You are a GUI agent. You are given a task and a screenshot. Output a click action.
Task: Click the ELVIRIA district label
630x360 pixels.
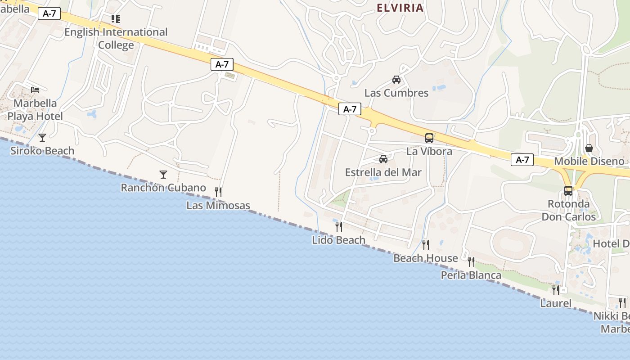pyautogui.click(x=400, y=8)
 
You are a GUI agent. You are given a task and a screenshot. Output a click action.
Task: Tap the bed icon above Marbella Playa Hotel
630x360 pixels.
pyautogui.click(x=35, y=90)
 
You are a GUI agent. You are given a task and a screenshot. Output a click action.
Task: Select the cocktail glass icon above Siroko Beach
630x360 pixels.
pyautogui.click(x=42, y=137)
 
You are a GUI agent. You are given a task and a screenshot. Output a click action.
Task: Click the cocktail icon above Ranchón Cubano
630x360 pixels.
pyautogui.click(x=163, y=174)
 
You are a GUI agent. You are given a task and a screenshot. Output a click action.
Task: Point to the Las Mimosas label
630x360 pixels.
pyautogui.click(x=218, y=206)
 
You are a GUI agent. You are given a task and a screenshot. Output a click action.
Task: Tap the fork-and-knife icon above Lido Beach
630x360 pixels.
pyautogui.click(x=338, y=226)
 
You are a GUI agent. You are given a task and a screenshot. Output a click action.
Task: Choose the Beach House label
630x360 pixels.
pyautogui.click(x=425, y=258)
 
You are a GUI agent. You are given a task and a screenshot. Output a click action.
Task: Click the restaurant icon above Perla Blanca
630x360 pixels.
pyautogui.click(x=471, y=261)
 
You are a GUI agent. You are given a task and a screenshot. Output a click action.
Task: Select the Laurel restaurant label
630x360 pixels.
pyautogui.click(x=556, y=303)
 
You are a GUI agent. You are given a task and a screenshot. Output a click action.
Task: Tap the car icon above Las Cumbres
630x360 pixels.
pyautogui.click(x=396, y=80)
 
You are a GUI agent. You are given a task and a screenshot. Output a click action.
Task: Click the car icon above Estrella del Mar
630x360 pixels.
pyautogui.click(x=383, y=159)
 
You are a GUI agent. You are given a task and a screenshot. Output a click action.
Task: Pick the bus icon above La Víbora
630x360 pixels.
pyautogui.click(x=429, y=138)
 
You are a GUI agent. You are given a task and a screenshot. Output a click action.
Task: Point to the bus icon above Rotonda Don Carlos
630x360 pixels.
pyautogui.click(x=568, y=190)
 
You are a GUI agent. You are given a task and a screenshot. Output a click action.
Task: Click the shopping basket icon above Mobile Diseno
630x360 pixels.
pyautogui.click(x=589, y=148)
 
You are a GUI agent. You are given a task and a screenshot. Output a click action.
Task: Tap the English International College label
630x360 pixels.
pyautogui.click(x=116, y=39)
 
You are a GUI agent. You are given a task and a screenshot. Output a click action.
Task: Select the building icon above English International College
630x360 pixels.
pyautogui.click(x=116, y=19)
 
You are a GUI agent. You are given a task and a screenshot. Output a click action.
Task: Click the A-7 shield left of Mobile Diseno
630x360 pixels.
pyautogui.click(x=522, y=160)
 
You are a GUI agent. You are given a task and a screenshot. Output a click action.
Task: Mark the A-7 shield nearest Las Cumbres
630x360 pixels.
pyautogui.click(x=350, y=109)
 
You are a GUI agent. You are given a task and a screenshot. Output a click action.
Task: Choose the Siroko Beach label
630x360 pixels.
pyautogui.click(x=42, y=151)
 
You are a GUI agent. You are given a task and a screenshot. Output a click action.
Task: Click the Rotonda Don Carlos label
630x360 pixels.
pyautogui.click(x=568, y=210)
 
